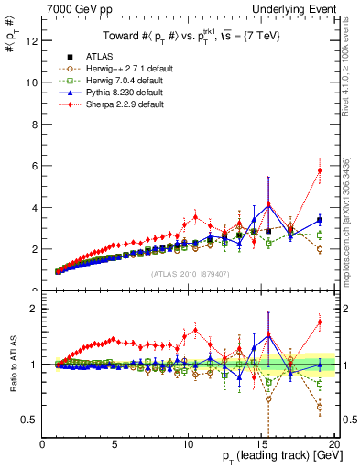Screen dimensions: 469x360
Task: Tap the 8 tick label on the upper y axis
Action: (x=34, y=124)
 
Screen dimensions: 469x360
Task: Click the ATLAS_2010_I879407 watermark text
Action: (x=189, y=272)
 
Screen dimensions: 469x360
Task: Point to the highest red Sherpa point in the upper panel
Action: (x=320, y=170)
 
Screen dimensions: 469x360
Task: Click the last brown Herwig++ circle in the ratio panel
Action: (x=320, y=407)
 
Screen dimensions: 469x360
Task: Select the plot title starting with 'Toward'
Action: (x=190, y=36)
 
